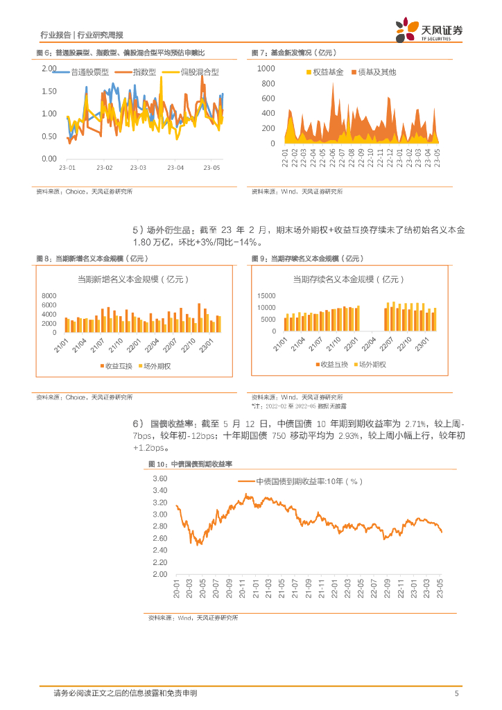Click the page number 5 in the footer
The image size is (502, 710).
456,693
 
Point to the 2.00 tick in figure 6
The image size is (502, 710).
49,68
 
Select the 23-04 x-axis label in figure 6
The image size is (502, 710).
176,167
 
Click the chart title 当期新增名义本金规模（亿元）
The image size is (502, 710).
133,279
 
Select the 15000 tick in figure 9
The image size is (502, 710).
266,295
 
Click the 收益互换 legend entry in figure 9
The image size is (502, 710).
332,364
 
